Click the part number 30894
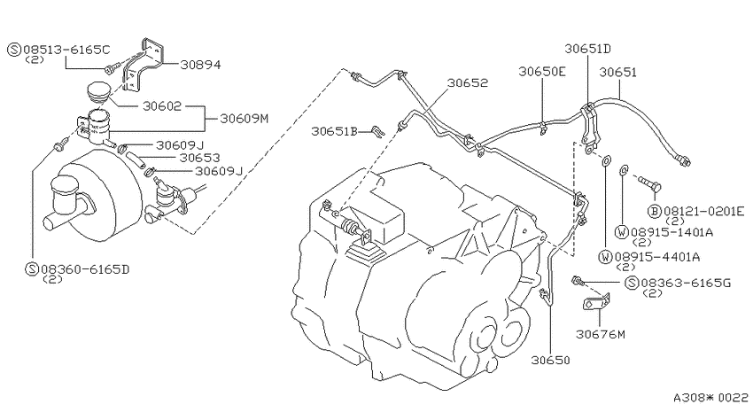tap(201, 65)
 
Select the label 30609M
tap(244, 118)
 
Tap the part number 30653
tap(200, 158)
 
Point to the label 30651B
tap(335, 131)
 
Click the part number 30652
tap(467, 82)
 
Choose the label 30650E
tap(542, 72)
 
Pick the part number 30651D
tap(588, 49)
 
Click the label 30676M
tap(601, 334)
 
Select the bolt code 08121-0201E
tap(704, 211)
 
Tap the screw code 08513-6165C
tap(66, 49)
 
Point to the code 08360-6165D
tap(85, 268)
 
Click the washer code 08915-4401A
tap(657, 257)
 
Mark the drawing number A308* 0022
tap(710, 398)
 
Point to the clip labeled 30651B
tap(379, 131)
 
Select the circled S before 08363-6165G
tap(632, 283)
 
